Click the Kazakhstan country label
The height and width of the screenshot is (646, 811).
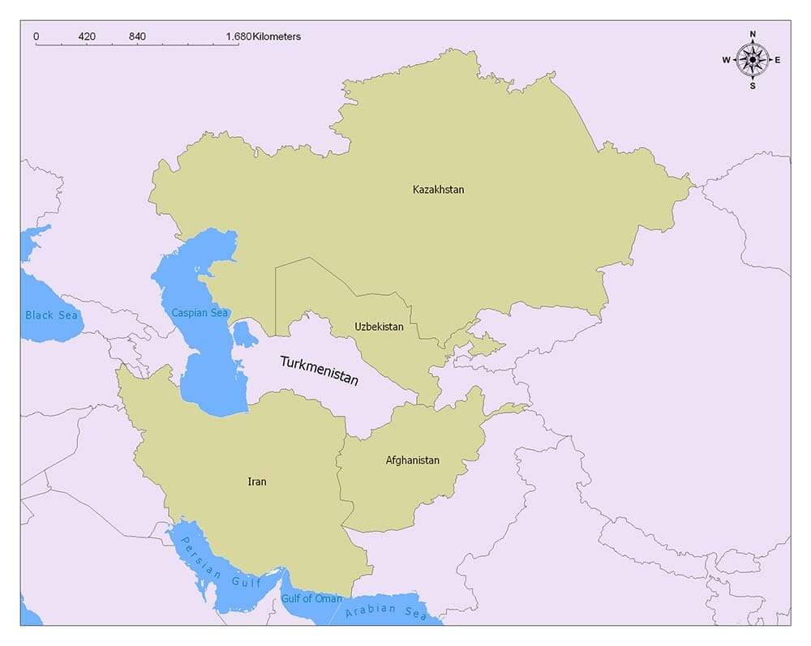tap(438, 190)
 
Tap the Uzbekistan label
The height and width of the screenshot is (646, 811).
tap(379, 327)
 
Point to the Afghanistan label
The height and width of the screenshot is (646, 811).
tap(412, 460)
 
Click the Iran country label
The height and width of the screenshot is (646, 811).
tap(256, 481)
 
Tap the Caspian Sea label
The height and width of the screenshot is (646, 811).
tap(200, 312)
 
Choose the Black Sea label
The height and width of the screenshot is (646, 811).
tap(51, 314)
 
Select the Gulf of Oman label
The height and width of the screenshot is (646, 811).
tap(311, 599)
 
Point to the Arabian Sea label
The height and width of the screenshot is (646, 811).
tap(386, 612)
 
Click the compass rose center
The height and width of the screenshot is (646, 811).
tap(753, 59)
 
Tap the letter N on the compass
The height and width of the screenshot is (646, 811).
tap(753, 34)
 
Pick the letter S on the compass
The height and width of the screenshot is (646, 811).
tap(753, 85)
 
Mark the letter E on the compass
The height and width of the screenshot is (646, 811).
tap(778, 60)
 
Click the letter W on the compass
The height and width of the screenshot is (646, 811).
tap(727, 60)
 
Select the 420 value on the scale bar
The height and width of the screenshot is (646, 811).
tap(87, 36)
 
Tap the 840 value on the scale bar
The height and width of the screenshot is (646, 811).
tap(137, 36)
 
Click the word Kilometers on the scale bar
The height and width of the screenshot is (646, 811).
tap(277, 36)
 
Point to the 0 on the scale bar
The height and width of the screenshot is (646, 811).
tap(36, 36)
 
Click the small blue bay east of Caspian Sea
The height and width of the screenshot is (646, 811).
tap(242, 333)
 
